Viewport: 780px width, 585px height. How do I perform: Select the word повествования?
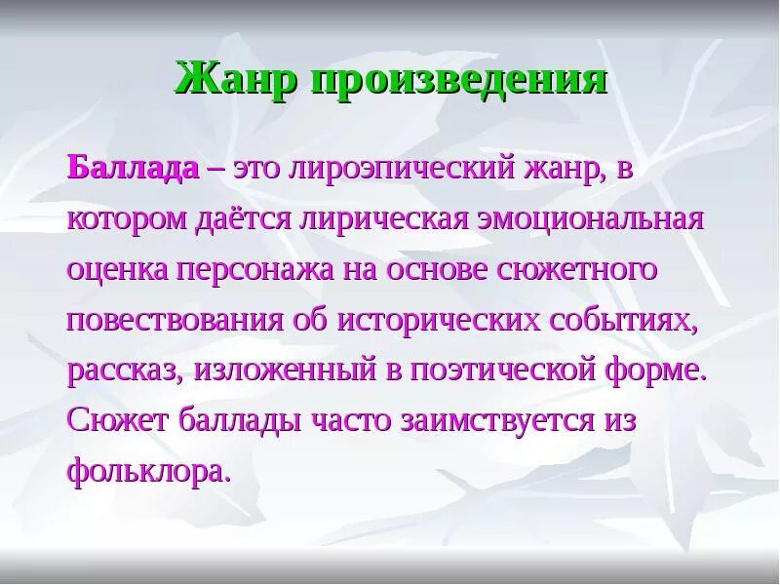point(174,319)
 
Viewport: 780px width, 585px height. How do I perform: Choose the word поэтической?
point(504,370)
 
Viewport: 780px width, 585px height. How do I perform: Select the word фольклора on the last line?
point(150,472)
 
